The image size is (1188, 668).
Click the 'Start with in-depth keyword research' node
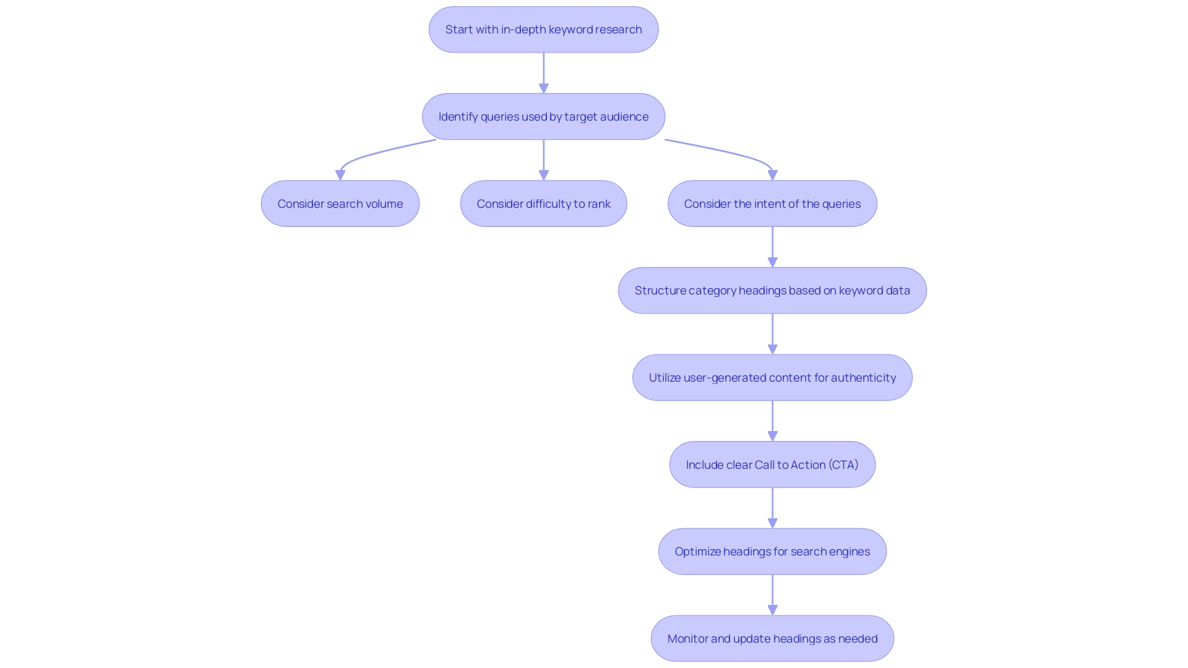[x=543, y=30]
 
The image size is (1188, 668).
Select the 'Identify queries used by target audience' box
[x=543, y=117]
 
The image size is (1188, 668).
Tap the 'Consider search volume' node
[x=340, y=204]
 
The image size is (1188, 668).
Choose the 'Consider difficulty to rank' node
[x=543, y=204]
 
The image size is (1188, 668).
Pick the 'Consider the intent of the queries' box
[x=772, y=204]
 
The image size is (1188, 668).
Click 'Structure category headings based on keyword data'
[x=772, y=291]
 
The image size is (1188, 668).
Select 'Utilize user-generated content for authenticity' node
[x=772, y=378]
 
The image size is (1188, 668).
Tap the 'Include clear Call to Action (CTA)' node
[x=772, y=465]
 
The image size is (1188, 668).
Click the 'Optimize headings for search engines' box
[x=772, y=552]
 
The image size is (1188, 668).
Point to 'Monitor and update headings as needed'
[x=772, y=639]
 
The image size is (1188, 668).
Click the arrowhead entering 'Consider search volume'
[x=340, y=176]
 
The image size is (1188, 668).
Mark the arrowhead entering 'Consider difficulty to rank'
[x=544, y=176]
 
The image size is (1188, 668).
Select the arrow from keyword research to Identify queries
[x=544, y=71]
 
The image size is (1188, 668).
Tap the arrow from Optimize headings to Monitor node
[x=772, y=593]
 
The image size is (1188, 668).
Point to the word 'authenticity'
[x=863, y=378]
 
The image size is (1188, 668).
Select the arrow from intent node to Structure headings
[x=772, y=246]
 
